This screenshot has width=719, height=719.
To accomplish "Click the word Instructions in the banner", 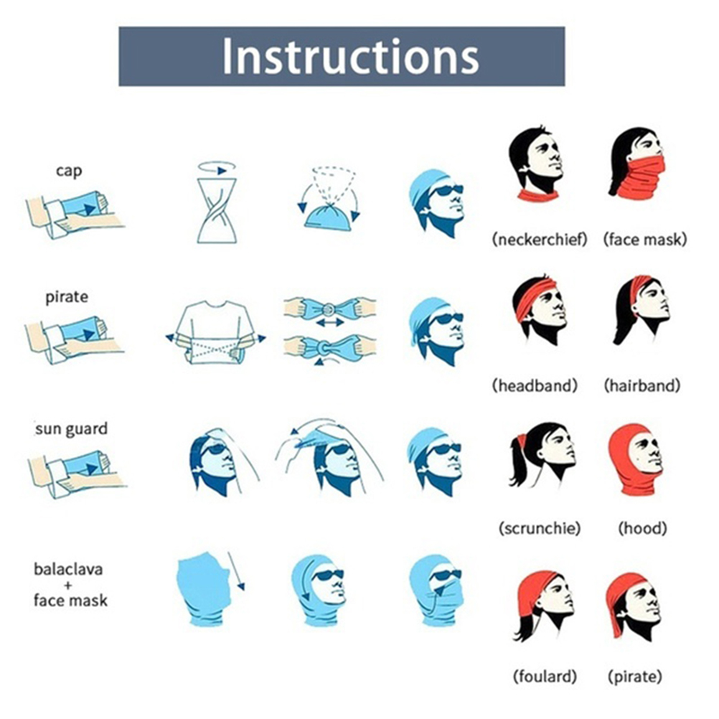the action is [351, 57].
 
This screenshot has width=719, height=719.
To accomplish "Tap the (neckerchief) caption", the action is [540, 239].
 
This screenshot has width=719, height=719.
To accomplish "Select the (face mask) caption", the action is [645, 239].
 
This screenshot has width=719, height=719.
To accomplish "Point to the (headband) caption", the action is [535, 385].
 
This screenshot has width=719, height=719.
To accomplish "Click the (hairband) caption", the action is [642, 385].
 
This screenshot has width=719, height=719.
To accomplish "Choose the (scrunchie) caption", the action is [540, 528].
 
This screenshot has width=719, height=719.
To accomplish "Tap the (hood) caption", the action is [643, 528].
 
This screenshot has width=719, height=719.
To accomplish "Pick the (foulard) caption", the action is [545, 676].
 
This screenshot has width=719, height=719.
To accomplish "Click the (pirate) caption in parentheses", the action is [635, 676].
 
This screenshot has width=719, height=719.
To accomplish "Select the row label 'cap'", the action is [69, 171].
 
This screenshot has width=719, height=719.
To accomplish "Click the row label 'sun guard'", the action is [72, 429].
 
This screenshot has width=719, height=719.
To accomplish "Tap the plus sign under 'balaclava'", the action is [68, 585].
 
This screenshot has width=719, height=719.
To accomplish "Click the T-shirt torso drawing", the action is [216, 332].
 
